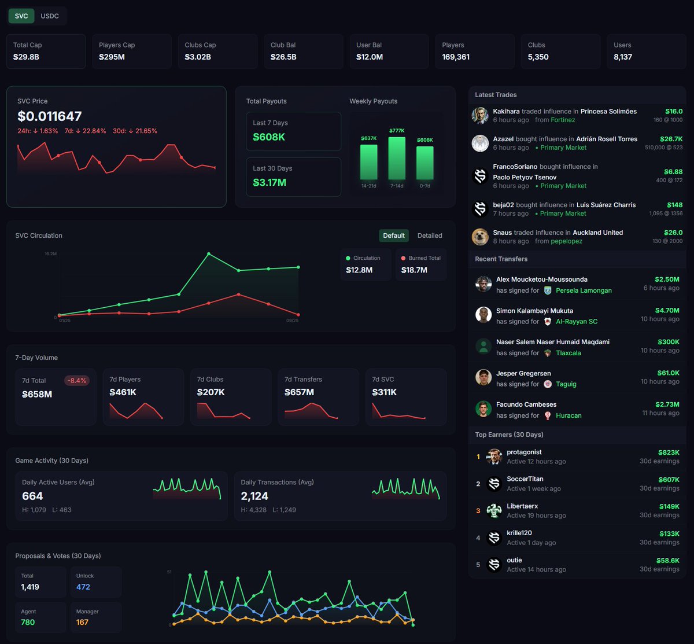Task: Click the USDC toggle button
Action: tap(50, 16)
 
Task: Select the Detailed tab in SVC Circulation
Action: tap(430, 235)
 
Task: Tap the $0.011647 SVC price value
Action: tap(50, 116)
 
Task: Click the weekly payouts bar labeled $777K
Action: tap(397, 158)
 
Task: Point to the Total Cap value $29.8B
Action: tap(26, 57)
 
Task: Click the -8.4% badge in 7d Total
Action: tap(76, 381)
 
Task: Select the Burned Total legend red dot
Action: tap(403, 258)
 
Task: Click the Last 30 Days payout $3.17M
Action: tap(270, 183)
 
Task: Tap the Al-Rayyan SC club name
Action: tap(577, 322)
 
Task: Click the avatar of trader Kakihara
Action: tap(480, 115)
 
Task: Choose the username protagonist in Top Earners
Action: tap(524, 452)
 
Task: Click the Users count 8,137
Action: tap(623, 57)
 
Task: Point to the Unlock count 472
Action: tap(83, 587)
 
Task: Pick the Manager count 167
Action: tap(82, 623)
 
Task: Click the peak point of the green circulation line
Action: tap(209, 254)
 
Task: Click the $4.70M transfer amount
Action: tap(667, 311)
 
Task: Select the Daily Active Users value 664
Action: tap(32, 496)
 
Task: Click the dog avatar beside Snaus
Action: tap(480, 237)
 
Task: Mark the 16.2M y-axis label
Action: tap(50, 254)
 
